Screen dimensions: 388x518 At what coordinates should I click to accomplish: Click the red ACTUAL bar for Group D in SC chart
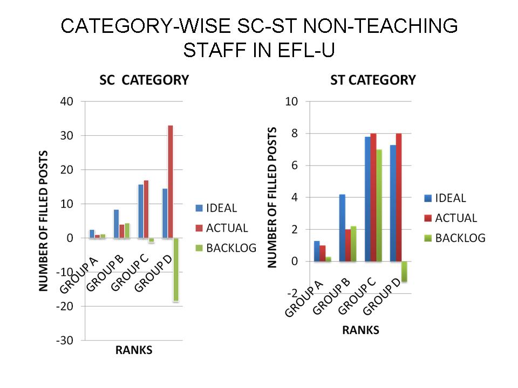(x=171, y=182)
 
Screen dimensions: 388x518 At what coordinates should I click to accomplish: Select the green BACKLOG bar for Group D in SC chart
(x=176, y=269)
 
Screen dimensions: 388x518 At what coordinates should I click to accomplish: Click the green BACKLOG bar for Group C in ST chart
(x=380, y=205)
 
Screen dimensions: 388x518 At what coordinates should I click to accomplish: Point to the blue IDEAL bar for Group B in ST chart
(x=342, y=228)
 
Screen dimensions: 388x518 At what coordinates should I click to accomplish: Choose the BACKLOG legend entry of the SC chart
(x=230, y=247)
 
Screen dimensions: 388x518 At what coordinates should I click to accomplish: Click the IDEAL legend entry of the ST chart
(x=449, y=198)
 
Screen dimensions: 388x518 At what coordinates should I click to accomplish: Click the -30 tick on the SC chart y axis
(x=65, y=341)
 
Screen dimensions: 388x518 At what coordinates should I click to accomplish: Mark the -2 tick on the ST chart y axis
(x=291, y=293)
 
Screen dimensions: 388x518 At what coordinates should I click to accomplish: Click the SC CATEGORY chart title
(x=144, y=80)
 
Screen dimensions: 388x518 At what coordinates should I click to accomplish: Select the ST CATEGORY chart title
(x=373, y=80)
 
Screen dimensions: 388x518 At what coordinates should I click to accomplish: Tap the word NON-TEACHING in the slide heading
(x=374, y=26)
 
